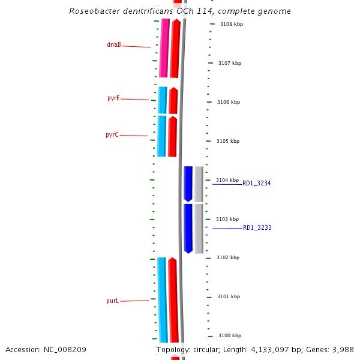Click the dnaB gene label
pyautogui.click(x=114, y=44)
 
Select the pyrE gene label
pyautogui.click(x=113, y=98)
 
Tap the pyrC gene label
pyautogui.click(x=112, y=135)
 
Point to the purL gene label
pyautogui.click(x=112, y=301)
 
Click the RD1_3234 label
pyautogui.click(x=257, y=183)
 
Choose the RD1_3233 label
pyautogui.click(x=257, y=228)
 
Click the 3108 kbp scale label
pyautogui.click(x=231, y=24)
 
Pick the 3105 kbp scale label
pyautogui.click(x=228, y=141)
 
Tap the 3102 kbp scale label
pyautogui.click(x=228, y=257)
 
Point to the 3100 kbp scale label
pyautogui.click(x=230, y=335)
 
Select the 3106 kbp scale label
pyautogui.click(x=229, y=102)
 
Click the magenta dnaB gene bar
pyautogui.click(x=164, y=48)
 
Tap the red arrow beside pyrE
pyautogui.click(x=173, y=101)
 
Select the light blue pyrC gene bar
pyautogui.click(x=161, y=136)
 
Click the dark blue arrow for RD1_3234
pyautogui.click(x=188, y=184)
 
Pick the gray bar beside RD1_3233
pyautogui.click(x=199, y=229)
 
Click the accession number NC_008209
pyautogui.click(x=65, y=349)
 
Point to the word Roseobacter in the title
pyautogui.click(x=92, y=11)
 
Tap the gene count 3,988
pyautogui.click(x=342, y=349)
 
